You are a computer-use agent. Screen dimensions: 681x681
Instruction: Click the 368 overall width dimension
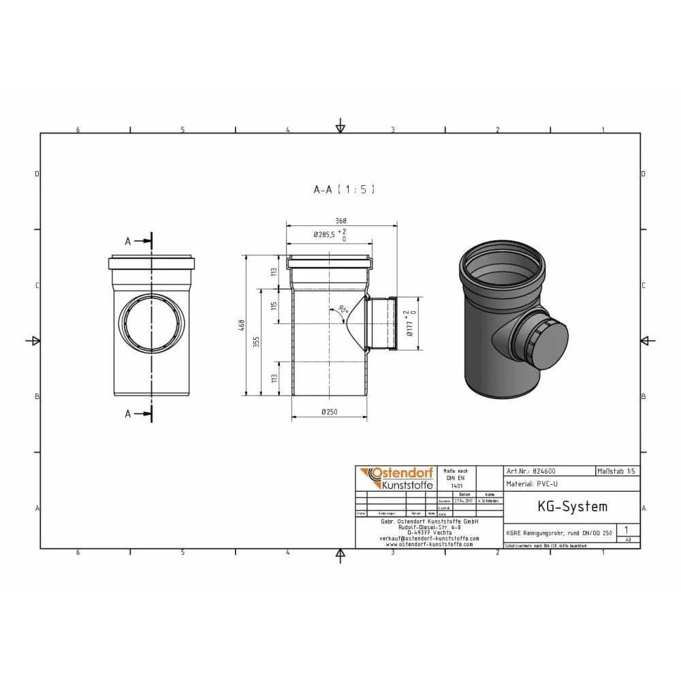[x=340, y=220]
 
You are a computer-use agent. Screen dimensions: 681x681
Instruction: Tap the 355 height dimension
[x=255, y=341]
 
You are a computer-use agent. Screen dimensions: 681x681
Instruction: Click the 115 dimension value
[x=274, y=307]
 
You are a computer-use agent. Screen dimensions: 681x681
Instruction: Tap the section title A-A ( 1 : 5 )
[x=344, y=190]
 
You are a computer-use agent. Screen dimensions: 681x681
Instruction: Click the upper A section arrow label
[x=127, y=241]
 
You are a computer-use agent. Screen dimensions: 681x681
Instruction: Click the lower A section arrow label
[x=127, y=413]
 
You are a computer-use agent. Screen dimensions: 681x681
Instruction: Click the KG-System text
[x=563, y=507]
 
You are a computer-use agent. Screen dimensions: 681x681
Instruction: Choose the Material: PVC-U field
[x=532, y=484]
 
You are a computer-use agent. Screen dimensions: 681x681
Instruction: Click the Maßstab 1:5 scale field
[x=617, y=471]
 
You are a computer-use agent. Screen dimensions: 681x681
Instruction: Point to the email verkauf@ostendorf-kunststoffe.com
[x=428, y=538]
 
